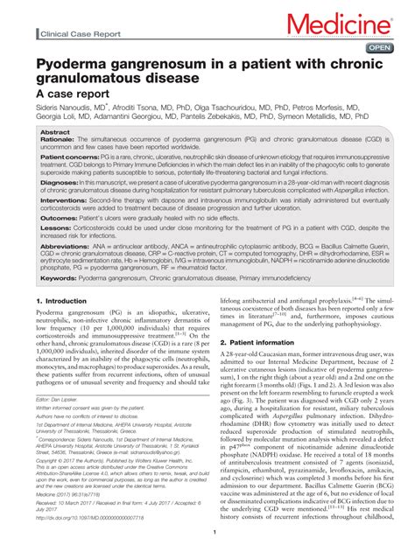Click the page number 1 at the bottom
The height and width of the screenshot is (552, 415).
[214, 532]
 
